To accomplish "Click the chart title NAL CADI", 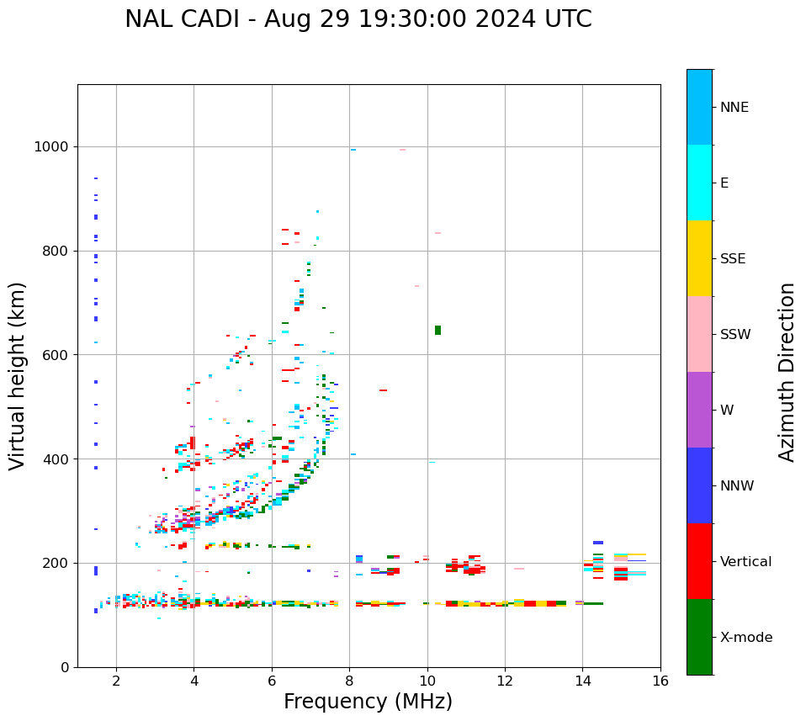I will click(358, 19).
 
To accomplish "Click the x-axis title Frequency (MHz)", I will click(368, 702).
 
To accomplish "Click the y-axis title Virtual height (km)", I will click(18, 376).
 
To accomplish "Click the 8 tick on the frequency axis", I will click(350, 680).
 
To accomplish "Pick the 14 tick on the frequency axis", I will click(583, 680).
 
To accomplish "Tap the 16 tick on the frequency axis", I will click(660, 680).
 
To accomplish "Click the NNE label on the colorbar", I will click(734, 108).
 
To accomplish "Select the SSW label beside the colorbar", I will click(735, 335).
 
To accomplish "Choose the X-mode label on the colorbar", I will click(745, 638).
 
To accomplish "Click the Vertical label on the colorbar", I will click(745, 562).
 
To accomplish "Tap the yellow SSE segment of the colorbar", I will click(699, 258).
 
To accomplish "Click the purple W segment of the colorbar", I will click(699, 410).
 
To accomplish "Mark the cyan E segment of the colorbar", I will click(699, 183).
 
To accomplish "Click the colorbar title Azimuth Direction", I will click(787, 372).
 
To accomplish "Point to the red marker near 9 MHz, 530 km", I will click(383, 390).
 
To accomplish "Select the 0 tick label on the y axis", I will click(64, 667).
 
